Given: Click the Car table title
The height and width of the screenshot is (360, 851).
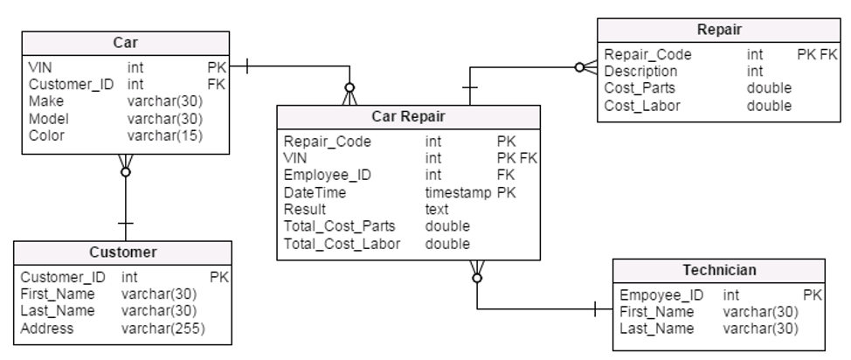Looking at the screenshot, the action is coord(125,43).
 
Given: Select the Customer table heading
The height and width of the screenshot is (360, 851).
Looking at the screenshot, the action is coord(122,253).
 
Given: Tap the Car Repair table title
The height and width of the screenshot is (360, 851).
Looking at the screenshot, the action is coord(408,117).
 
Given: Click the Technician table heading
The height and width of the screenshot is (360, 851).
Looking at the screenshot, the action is coord(719,270).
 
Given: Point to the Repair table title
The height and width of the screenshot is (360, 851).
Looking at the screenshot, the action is coord(719,30).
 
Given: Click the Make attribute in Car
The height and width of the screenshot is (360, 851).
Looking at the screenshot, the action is coord(46,101).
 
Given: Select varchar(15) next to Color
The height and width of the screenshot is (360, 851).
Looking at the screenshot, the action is coord(165,135).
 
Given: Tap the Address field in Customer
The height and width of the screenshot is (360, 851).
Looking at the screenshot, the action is coord(46,329).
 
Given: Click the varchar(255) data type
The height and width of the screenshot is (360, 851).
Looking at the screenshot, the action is coord(163,329).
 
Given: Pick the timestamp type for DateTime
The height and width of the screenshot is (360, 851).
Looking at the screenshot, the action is coord(458,193).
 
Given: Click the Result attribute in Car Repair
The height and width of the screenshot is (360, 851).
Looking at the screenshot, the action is coord(304,210).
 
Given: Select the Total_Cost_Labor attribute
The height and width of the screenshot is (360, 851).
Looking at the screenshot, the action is coord(342,245).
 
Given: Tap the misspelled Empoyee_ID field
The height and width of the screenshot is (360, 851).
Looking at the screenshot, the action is coord(661,295).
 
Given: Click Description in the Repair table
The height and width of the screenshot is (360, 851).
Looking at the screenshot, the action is coord(640,72).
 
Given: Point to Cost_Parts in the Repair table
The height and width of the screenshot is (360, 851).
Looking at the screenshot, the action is coord(640,88).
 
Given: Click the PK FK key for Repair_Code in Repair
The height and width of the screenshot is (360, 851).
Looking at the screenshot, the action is coord(817,55).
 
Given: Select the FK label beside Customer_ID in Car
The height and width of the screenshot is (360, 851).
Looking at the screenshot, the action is coord(216,85).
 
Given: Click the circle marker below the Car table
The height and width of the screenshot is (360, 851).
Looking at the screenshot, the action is coord(125,172).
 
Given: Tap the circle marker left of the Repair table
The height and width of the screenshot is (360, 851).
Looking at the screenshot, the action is coord(579,67).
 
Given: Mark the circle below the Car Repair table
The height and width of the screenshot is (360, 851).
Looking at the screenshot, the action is coord(477,278).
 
